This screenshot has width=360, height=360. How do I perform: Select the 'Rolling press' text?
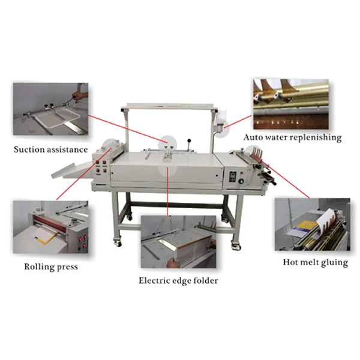51,266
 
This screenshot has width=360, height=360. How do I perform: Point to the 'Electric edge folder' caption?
178,280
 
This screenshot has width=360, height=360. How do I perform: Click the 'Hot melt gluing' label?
315,262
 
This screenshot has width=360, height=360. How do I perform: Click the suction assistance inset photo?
50,112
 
